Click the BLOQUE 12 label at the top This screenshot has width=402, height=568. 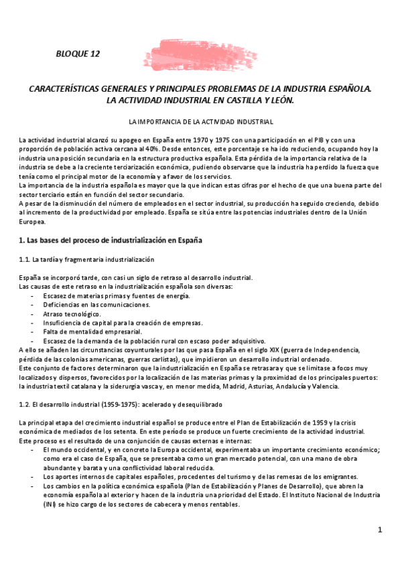(x=78, y=54)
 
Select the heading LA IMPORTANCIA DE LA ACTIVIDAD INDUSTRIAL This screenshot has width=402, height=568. (x=200, y=123)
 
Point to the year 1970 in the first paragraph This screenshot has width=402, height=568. (x=191, y=139)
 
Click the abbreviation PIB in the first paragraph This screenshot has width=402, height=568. (x=289, y=139)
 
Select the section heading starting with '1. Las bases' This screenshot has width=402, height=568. (x=111, y=240)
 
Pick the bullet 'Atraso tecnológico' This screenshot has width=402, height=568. (x=72, y=313)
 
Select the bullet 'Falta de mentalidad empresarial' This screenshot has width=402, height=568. (x=92, y=331)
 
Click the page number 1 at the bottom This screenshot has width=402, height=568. (x=379, y=530)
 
